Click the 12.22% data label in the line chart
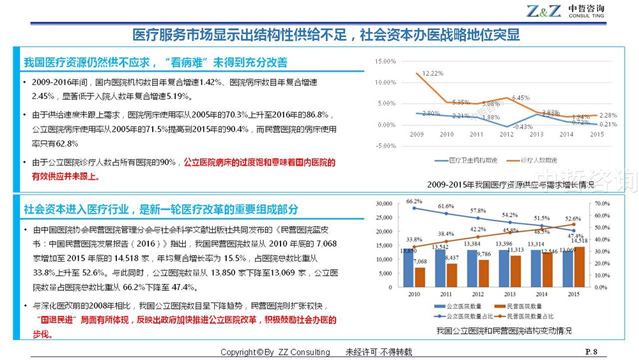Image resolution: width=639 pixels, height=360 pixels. pos(433,74)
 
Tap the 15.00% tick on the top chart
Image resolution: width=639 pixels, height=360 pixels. pos(387,61)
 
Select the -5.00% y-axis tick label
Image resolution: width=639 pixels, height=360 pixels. pos(387,146)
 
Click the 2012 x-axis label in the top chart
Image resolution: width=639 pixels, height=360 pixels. pos(505,135)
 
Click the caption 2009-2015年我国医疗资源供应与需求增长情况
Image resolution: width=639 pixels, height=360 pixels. pos(511,185)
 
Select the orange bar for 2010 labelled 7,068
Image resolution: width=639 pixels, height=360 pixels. pos(420,277)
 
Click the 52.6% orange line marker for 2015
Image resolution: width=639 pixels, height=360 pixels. pos(573,224)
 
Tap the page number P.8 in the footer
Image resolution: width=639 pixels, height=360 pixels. pos(591,352)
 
